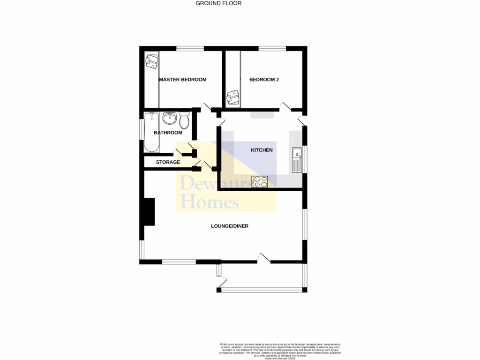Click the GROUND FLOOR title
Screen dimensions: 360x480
[218, 3]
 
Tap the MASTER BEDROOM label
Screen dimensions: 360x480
[182, 80]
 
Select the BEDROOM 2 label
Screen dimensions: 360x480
[264, 80]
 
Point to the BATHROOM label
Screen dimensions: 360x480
[168, 133]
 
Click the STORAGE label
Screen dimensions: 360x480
[168, 162]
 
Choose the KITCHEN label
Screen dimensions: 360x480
[262, 150]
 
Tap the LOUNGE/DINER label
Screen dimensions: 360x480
[229, 226]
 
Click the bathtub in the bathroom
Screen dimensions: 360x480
[151, 132]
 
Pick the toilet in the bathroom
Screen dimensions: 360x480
[184, 120]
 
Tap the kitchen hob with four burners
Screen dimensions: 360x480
[260, 181]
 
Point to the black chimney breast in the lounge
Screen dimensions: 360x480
[149, 212]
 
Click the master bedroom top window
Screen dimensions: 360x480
[190, 48]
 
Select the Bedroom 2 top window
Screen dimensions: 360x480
[272, 48]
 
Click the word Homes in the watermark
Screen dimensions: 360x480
[210, 202]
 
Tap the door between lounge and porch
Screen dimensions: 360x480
[263, 257]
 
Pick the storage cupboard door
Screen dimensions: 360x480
[179, 152]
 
